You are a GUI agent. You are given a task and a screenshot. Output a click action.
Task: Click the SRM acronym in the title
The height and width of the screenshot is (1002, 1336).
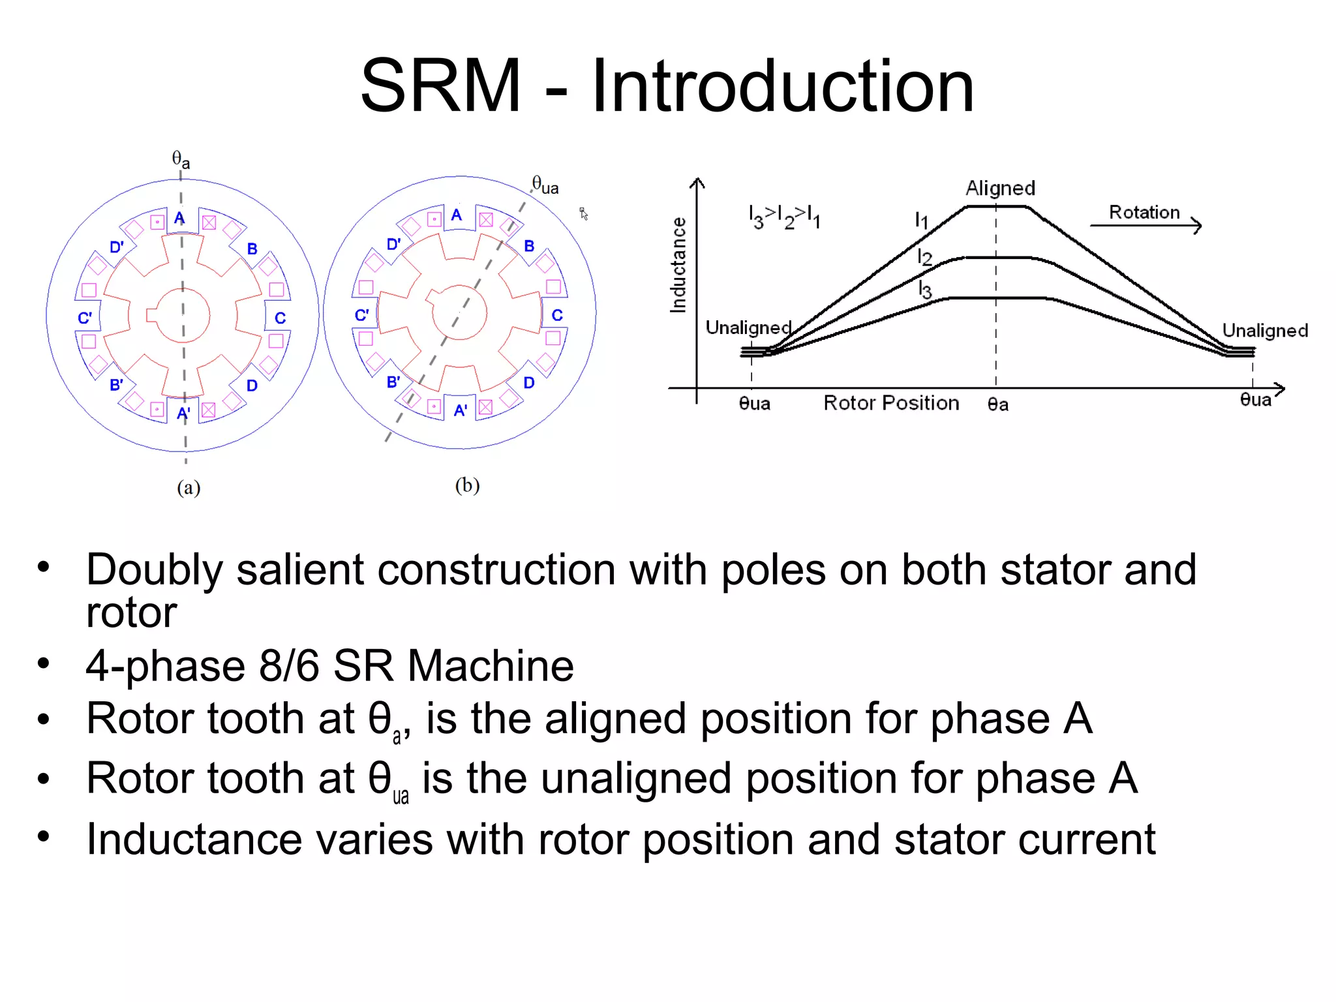coord(441,85)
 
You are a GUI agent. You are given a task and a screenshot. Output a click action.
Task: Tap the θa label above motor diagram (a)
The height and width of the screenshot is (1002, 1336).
coord(181,159)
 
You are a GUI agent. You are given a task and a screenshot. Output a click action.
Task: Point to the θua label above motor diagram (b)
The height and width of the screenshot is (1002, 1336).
coord(545,185)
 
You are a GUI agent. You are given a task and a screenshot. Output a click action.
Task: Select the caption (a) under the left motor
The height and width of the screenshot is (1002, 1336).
coord(189,487)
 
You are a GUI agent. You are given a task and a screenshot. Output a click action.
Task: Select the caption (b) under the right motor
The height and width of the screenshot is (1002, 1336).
coord(467,485)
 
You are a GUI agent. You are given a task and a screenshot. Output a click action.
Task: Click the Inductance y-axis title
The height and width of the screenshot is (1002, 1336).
coord(678,265)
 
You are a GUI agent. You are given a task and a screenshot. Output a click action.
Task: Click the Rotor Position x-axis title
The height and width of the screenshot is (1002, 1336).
coord(891,402)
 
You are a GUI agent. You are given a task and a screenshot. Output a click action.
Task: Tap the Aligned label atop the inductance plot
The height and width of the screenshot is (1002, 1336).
coord(1000,188)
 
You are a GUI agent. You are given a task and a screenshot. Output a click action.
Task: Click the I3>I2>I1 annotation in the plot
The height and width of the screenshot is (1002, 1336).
coord(784,216)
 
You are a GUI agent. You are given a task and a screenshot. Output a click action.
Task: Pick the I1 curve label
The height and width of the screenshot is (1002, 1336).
coord(921,220)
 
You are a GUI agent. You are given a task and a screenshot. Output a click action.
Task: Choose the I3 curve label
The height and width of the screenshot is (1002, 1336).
coord(924,289)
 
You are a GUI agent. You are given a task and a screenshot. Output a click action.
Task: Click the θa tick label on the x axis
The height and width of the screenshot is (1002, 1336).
coord(998,404)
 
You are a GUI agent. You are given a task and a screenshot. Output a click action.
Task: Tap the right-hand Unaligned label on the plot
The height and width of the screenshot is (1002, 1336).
coord(1265,330)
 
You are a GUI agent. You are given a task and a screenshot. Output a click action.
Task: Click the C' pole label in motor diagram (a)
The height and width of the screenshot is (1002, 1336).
coord(85,318)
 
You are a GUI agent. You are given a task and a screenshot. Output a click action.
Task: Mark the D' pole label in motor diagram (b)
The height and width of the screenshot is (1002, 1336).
coord(393,245)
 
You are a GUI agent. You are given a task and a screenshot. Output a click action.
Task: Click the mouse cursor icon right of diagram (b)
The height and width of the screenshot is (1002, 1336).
coord(584,214)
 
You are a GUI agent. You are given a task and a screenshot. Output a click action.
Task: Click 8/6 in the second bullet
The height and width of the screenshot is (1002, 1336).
coord(288,665)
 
